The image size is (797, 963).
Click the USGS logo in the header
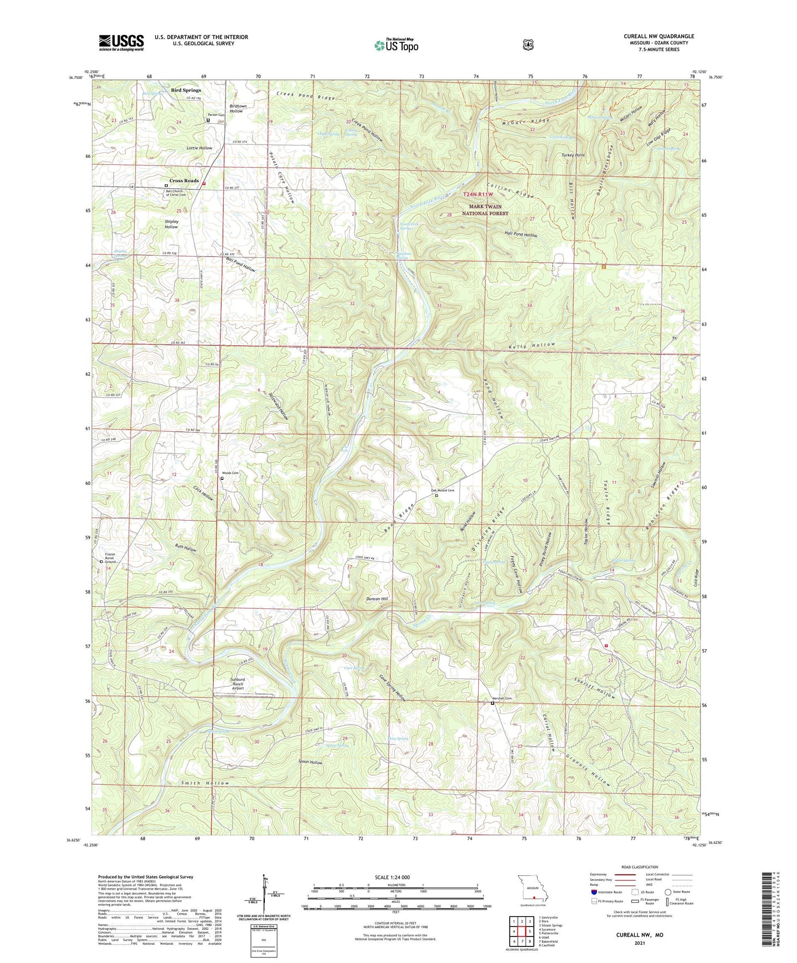(x=121, y=42)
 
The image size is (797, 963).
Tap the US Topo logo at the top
(x=395, y=45)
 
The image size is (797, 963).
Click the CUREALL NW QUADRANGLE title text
(x=659, y=36)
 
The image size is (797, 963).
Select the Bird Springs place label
(x=185, y=90)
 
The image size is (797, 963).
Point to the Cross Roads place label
(x=184, y=181)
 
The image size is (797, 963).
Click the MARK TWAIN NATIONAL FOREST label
(x=485, y=210)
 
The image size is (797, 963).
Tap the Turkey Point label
(x=573, y=156)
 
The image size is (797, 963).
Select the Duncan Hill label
(x=377, y=598)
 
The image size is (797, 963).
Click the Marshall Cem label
(x=502, y=698)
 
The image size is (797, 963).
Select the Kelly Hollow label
(x=532, y=346)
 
